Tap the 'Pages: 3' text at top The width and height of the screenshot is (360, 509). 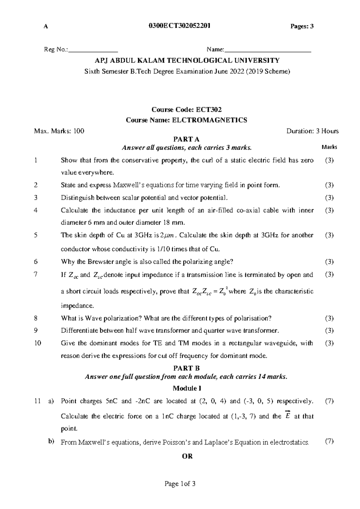[x=302, y=26]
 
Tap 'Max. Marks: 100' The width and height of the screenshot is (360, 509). [x=59, y=131]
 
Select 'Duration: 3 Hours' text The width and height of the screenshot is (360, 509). [x=312, y=131]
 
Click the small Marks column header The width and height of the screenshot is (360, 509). [x=329, y=147]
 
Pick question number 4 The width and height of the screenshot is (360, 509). [x=36, y=210]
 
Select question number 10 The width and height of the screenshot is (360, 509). [x=37, y=343]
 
